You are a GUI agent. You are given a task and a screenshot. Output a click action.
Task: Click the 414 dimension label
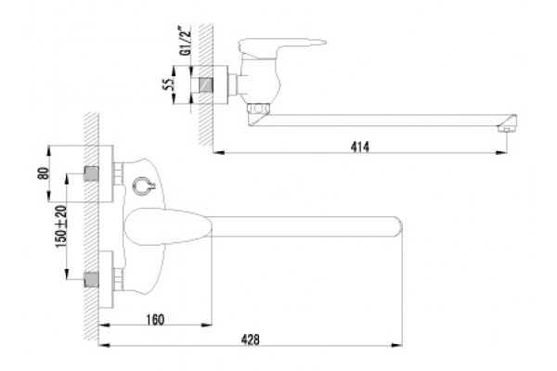pyautogui.click(x=360, y=147)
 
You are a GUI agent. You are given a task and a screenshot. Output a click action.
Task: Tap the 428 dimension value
pyautogui.click(x=251, y=339)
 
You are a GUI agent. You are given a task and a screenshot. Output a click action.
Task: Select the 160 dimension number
pyautogui.click(x=155, y=319)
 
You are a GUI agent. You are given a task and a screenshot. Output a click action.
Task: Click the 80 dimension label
pyautogui.click(x=43, y=173)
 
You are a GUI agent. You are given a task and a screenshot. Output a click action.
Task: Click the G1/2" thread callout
pyautogui.click(x=186, y=41)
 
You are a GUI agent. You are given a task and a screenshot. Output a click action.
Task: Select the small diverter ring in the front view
pyautogui.click(x=144, y=186)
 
